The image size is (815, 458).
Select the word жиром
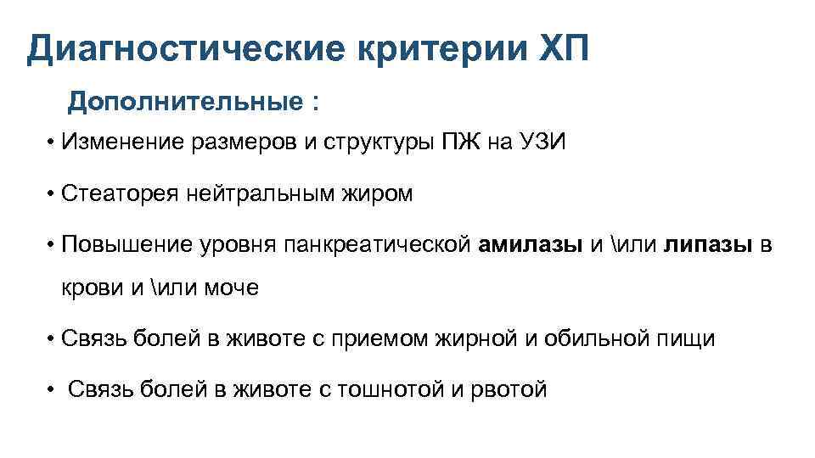(381, 194)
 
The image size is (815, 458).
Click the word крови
(91, 288)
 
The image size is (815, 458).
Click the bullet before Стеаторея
(53, 195)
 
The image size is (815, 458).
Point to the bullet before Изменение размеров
(53, 143)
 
